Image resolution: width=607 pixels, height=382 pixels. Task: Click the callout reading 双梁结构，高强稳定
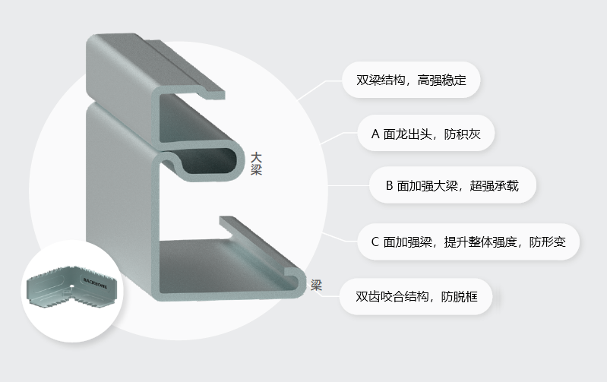411,80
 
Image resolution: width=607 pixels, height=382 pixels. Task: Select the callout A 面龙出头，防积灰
426,134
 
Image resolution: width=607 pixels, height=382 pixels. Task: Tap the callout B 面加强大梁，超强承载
452,185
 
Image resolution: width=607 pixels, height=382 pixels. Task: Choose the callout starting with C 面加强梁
468,242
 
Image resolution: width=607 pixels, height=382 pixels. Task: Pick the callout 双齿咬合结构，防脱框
416,296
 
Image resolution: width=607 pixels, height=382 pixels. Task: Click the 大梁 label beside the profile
256,164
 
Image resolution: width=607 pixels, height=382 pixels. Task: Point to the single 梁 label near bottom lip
316,286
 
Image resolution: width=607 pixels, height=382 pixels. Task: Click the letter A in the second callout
375,134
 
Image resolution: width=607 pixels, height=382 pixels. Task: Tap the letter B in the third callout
390,186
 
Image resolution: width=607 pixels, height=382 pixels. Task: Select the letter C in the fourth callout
375,242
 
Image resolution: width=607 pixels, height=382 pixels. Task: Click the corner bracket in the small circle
72,288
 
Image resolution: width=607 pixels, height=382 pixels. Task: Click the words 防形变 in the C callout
548,242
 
